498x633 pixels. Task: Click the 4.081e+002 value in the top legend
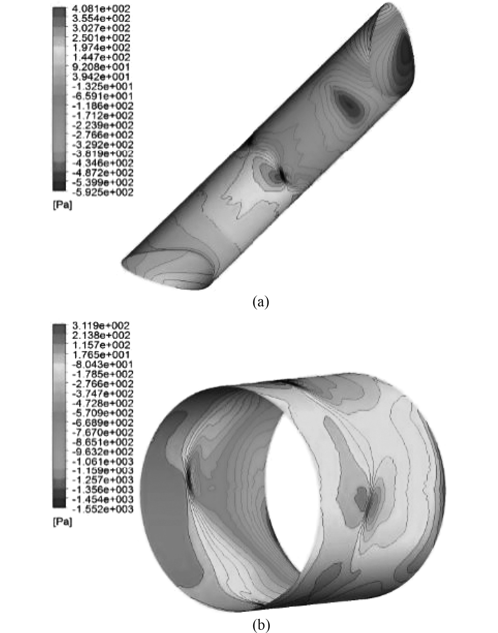[101, 9]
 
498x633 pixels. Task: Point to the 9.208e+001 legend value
[101, 67]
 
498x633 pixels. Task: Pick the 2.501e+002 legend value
[101, 38]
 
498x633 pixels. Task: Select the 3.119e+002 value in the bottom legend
[101, 325]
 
